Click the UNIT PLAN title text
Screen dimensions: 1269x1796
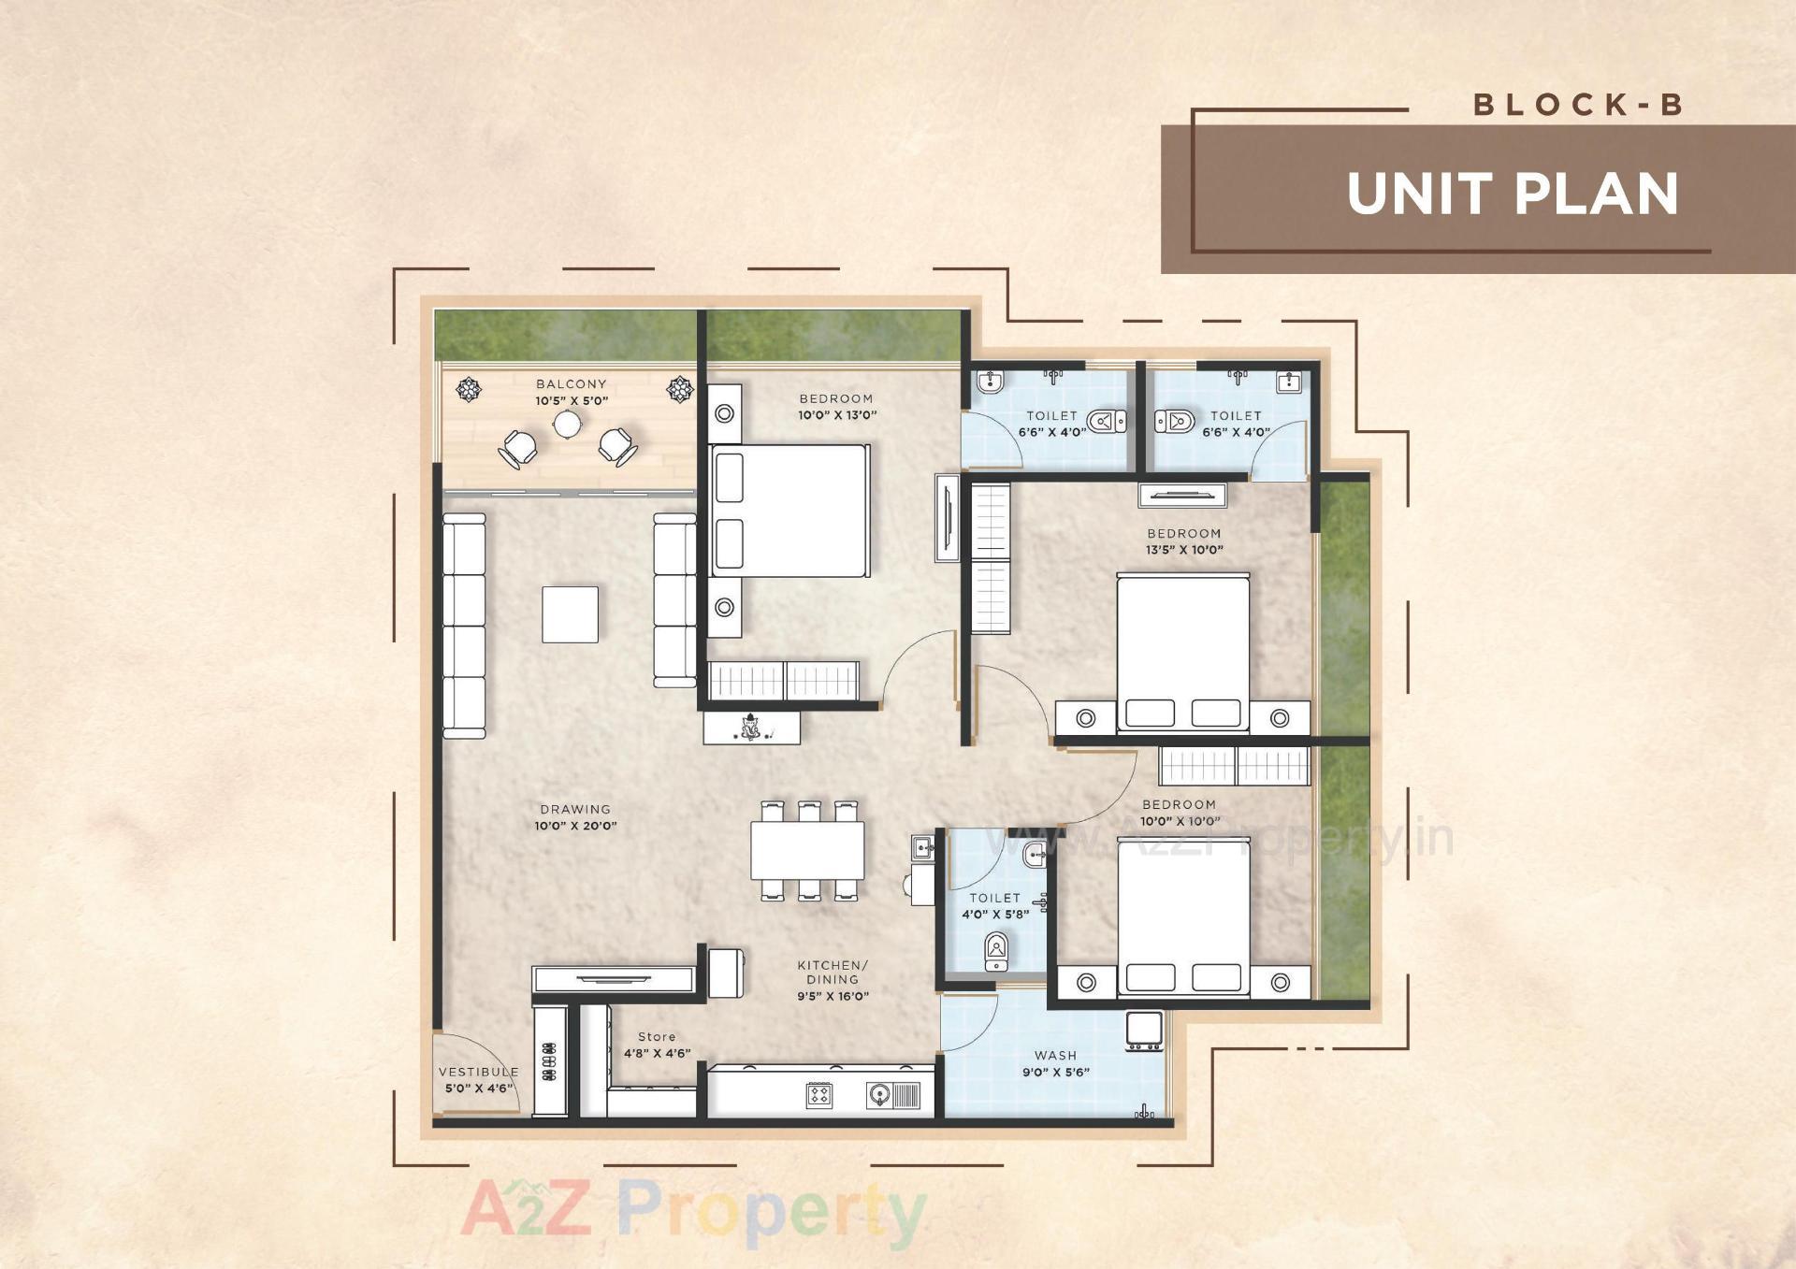point(1512,194)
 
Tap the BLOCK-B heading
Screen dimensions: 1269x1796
point(1578,105)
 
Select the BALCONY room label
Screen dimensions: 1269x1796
point(572,383)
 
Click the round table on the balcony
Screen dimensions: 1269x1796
point(568,425)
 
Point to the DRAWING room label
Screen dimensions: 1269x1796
point(575,810)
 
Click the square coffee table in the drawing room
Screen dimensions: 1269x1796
point(570,614)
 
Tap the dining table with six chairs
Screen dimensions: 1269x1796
point(807,850)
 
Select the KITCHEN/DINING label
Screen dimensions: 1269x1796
point(833,973)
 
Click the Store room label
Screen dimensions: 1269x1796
point(657,1037)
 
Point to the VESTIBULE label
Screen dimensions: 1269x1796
point(478,1072)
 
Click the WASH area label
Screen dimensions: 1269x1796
point(1056,1055)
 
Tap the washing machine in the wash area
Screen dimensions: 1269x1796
point(1144,1030)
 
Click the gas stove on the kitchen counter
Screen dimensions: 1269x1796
point(819,1095)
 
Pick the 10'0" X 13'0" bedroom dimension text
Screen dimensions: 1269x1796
point(837,415)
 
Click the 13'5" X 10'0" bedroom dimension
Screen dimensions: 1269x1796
point(1184,550)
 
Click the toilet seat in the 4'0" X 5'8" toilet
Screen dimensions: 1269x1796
point(996,951)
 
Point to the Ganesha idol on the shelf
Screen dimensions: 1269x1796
point(750,726)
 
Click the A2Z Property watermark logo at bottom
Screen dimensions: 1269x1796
point(693,1213)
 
